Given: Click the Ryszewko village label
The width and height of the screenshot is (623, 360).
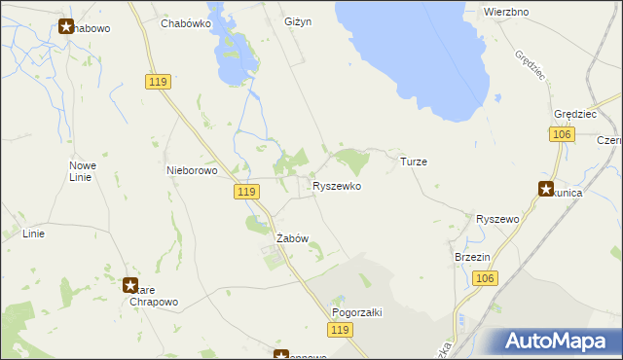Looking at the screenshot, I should [337, 185].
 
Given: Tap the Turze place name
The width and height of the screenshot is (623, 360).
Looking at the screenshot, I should [414, 162].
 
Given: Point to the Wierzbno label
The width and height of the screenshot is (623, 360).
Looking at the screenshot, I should [505, 13].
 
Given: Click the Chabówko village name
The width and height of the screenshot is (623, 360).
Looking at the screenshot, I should [188, 22].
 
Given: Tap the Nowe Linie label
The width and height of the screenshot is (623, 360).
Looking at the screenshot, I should [82, 171].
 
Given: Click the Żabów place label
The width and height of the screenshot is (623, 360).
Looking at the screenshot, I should [292, 238].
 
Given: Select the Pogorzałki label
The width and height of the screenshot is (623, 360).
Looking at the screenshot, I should [357, 312].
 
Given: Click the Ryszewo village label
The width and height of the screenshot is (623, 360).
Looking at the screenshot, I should [497, 220].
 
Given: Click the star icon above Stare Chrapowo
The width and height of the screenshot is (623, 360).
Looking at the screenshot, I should [130, 286].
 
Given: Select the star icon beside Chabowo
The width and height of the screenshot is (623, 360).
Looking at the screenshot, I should [66, 26].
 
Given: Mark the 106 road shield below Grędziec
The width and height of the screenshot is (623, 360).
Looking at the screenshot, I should [560, 134].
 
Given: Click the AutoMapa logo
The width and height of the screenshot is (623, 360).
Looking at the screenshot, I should [555, 341].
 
